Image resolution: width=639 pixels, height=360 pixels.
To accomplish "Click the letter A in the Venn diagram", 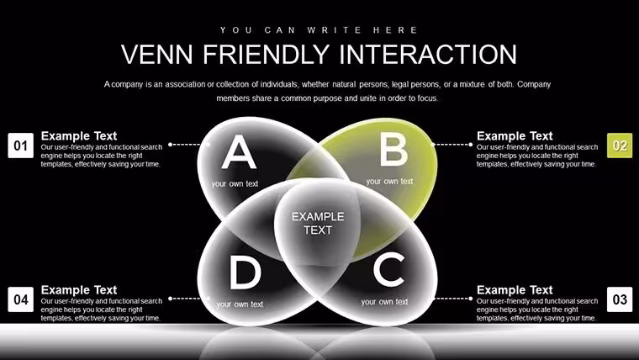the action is [239, 151].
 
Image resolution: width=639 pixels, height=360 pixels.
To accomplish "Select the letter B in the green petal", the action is [393, 150].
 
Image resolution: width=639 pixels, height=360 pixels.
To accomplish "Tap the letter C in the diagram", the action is [389, 269].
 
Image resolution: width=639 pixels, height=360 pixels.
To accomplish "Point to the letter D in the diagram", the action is [246, 273].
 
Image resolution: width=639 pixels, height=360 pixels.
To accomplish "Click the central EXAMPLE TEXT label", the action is [318, 223].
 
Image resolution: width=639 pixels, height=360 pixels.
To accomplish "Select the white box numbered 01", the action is [21, 146].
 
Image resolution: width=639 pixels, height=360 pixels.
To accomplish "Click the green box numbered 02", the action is [620, 146].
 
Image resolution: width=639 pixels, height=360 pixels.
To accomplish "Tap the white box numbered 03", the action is [620, 299].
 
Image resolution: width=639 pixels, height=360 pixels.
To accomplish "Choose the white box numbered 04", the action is [21, 299].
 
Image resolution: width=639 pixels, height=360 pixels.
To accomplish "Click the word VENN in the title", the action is [157, 54].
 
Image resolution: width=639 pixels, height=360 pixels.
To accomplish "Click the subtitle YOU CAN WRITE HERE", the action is [319, 30].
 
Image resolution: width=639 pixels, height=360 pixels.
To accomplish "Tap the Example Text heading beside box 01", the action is [79, 135].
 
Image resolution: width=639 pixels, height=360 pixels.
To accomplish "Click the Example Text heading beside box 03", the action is [515, 290].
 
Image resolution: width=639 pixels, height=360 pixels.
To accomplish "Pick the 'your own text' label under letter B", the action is [389, 182].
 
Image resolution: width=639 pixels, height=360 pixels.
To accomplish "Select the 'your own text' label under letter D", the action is [240, 304].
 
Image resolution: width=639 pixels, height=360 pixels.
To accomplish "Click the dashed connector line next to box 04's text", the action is [185, 299].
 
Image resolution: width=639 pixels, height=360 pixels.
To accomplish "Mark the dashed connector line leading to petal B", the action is [452, 145].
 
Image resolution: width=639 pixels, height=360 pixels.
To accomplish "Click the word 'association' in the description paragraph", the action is [185, 84].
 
